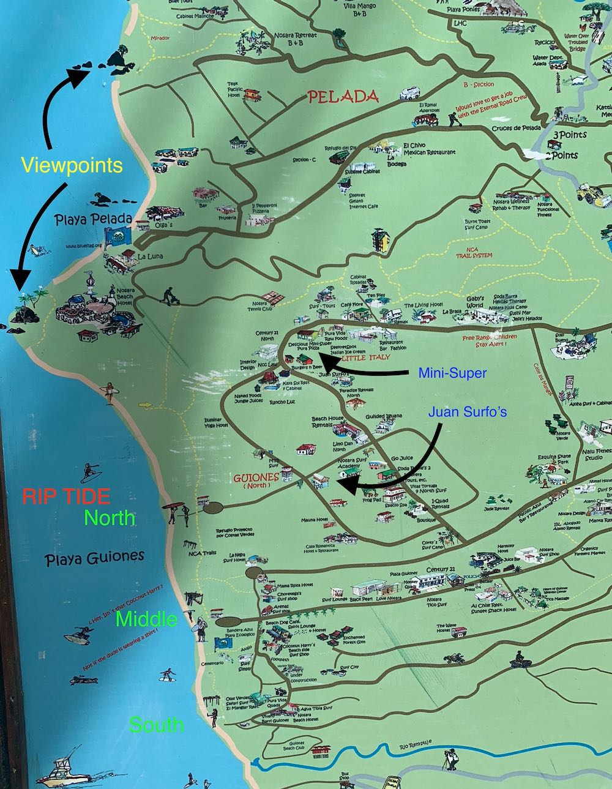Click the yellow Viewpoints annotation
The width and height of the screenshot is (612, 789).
72,165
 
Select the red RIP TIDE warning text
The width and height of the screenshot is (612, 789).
66,495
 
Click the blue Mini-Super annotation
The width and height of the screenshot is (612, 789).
452,372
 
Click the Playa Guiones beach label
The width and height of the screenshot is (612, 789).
95,557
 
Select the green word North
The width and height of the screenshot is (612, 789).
110,518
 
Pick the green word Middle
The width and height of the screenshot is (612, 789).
146,619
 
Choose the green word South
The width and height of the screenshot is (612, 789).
156,725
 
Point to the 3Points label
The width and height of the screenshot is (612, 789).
569,135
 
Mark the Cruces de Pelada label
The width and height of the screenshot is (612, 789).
516,128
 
